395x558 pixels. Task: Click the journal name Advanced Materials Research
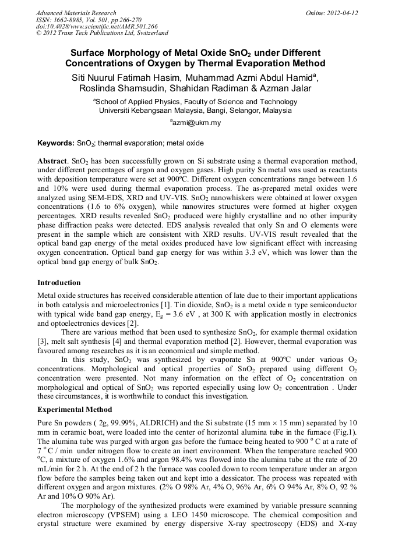[76, 13]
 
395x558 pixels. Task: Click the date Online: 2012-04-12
[331, 13]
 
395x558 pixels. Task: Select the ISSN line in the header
[85, 20]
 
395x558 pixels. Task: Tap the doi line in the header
[97, 27]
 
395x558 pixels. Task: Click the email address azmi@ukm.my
[197, 123]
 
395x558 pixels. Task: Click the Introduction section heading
[59, 283]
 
